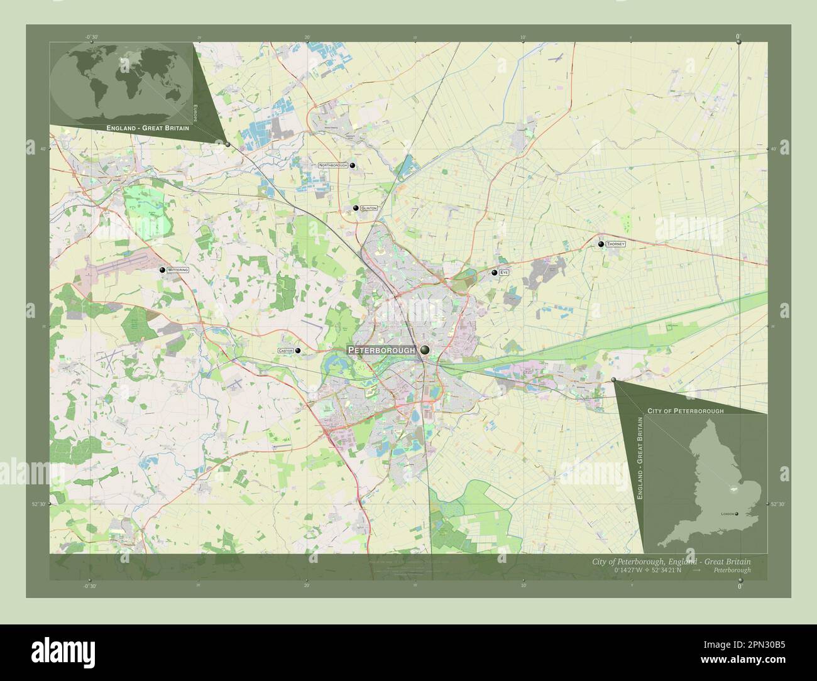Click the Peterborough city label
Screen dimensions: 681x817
coord(381,350)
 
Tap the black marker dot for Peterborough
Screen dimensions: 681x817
coord(425,350)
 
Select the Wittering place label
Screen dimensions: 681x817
coord(178,270)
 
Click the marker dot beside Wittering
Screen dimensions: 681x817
coord(163,270)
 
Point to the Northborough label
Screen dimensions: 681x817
coord(332,165)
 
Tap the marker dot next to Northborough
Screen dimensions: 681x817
coord(353,166)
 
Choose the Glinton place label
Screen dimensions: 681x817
coord(369,208)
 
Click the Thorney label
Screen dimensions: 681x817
coord(616,244)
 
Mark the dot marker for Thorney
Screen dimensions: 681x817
coord(601,244)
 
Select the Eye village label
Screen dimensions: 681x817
coord(505,273)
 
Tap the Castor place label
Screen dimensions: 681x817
coord(285,351)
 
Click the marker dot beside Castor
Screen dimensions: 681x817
coord(298,351)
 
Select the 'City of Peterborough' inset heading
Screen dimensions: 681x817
coord(685,410)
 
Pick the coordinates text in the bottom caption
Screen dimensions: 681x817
coord(646,570)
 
